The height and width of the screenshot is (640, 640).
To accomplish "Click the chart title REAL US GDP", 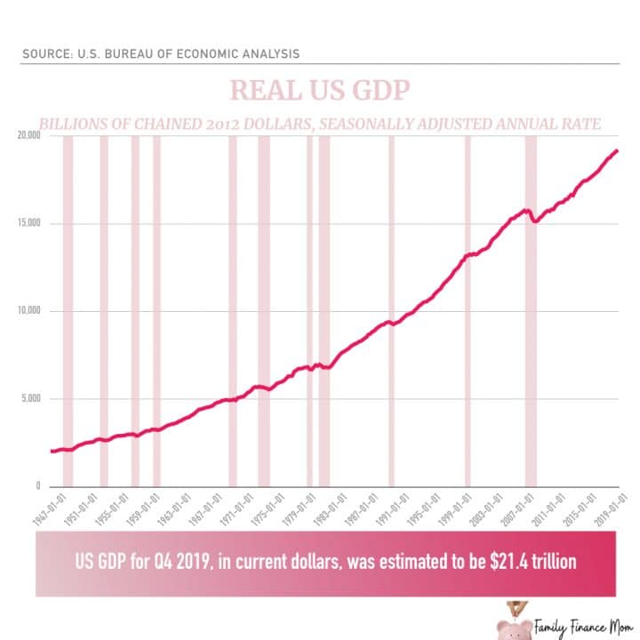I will [319, 91].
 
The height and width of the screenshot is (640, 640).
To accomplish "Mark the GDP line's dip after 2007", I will [534, 220].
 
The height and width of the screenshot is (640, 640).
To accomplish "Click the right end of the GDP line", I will [617, 150].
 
